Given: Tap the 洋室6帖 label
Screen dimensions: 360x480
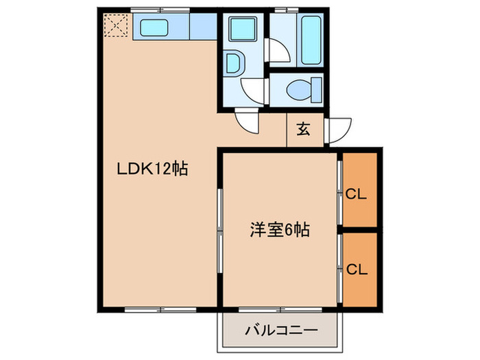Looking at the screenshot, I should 278,231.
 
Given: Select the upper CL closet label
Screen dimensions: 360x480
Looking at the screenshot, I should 356,195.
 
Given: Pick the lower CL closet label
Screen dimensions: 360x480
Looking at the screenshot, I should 356,269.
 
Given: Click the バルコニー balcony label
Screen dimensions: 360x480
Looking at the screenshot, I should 281,331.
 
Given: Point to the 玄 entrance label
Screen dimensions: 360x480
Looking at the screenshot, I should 302,129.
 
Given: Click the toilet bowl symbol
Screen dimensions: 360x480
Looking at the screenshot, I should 298,89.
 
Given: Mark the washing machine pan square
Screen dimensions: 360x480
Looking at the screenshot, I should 241,29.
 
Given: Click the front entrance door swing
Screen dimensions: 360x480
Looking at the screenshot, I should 338,129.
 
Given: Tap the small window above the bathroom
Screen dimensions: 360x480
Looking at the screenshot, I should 283,10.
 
